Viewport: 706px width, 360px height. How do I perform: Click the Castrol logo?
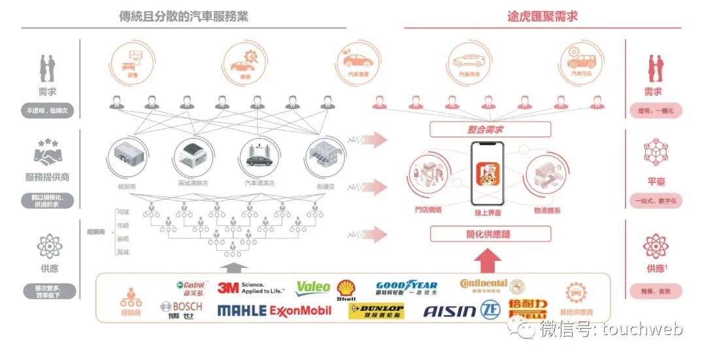point(192,287)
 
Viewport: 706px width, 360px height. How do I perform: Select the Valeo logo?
point(313,287)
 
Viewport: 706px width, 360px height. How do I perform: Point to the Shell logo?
point(346,289)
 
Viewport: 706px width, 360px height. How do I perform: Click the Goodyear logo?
point(406,287)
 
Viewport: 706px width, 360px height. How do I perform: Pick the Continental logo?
point(484,285)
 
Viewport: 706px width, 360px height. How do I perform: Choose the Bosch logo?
point(181,310)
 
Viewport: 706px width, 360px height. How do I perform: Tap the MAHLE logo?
point(241,310)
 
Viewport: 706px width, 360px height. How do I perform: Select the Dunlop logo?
point(377,311)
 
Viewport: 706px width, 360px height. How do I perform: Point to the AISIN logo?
point(450,310)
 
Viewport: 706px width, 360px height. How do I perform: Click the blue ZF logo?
point(491,310)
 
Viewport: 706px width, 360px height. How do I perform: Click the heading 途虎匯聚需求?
point(542,16)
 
